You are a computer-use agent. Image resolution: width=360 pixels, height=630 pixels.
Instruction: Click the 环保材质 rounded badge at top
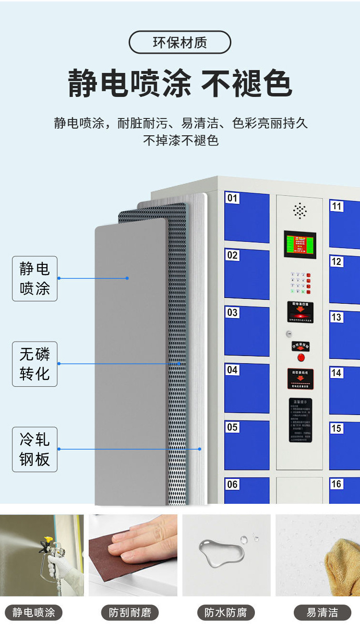point(180,42)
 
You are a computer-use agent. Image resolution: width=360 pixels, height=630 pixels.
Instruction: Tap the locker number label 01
point(232,198)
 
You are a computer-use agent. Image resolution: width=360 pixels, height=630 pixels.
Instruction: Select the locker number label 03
point(232,313)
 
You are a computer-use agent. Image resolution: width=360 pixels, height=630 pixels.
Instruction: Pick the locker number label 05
point(232,427)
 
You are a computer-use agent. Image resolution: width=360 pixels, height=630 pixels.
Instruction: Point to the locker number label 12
point(336,262)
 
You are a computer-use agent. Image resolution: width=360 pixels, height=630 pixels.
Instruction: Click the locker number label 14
point(336,373)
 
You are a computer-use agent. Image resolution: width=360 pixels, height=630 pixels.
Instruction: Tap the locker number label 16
point(336,484)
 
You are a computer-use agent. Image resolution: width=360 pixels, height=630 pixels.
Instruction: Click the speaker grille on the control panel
point(300,210)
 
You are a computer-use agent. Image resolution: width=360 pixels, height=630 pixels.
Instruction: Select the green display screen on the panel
point(300,244)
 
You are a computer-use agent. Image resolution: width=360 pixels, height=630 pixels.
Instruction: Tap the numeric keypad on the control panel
point(300,283)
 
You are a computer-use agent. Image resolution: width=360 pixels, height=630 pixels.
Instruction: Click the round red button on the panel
point(301,357)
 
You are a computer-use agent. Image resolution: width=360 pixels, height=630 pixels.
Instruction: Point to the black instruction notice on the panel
point(300,420)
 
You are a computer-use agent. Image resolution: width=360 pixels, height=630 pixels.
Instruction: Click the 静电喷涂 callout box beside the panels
point(35,278)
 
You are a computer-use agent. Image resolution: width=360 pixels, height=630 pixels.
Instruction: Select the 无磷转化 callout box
point(35,364)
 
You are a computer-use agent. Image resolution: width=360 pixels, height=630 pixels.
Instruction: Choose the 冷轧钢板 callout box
point(35,449)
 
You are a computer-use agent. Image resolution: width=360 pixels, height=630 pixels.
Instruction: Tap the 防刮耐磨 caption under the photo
point(130,613)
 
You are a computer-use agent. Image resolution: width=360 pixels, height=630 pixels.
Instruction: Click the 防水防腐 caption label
point(226,613)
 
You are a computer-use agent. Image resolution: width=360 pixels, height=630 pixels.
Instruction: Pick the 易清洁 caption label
point(322,613)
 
